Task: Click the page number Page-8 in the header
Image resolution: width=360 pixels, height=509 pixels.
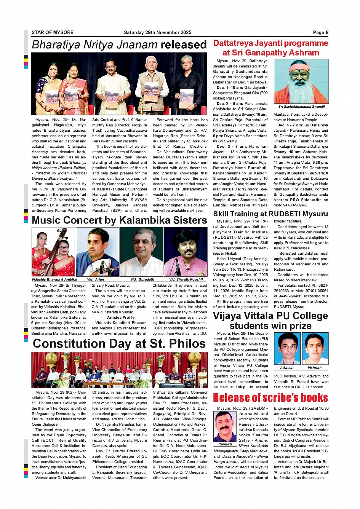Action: point(320,33)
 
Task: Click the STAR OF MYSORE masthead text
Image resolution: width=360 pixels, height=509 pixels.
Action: point(53,33)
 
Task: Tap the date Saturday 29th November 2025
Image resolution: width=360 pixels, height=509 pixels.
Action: point(157,33)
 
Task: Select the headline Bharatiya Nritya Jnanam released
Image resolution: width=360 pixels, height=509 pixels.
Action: point(119,45)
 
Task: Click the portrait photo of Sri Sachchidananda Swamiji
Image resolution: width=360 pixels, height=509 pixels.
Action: point(301,81)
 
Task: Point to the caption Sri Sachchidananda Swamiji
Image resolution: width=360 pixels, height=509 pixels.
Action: point(301,107)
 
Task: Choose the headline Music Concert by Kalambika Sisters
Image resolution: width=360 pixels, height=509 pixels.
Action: point(119,220)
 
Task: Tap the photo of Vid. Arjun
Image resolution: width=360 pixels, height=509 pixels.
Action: point(98,252)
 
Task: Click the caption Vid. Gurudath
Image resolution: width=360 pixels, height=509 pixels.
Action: point(142,279)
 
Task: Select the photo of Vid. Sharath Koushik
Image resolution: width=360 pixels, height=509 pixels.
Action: point(186,252)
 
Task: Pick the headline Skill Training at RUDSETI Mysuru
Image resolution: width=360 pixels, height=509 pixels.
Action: point(270,214)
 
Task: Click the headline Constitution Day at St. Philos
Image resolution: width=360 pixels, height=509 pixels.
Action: point(119,343)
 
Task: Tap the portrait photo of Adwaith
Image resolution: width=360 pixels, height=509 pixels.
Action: point(287,349)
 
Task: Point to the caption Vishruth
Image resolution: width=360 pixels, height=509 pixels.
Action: point(315,368)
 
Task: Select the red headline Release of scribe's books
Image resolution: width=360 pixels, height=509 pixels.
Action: point(270,398)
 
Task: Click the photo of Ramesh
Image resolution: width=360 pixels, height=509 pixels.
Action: point(225,426)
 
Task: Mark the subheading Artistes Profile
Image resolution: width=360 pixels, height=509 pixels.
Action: point(121,318)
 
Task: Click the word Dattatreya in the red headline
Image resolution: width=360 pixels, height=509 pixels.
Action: point(232,43)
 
